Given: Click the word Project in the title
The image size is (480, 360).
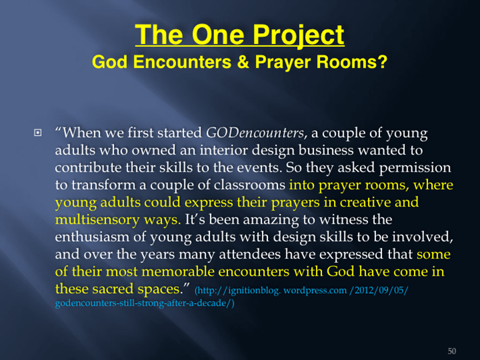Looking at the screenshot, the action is (298, 36).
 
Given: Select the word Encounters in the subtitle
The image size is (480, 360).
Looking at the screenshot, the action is (182, 62).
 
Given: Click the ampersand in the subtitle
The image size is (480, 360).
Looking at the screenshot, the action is (243, 62).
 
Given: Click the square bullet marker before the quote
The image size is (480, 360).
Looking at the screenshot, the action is (38, 132).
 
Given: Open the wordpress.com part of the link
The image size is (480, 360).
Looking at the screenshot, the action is (315, 290).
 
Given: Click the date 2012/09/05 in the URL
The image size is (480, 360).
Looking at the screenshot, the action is (378, 290).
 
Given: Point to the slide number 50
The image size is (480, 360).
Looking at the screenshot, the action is (452, 351).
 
